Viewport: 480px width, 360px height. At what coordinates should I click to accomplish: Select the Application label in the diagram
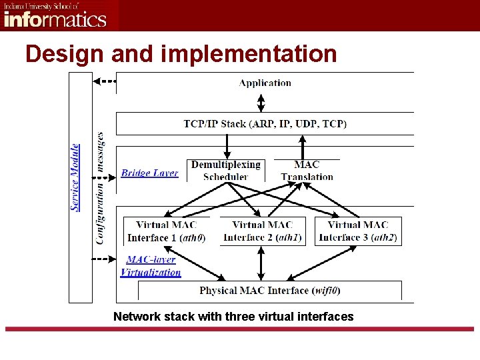pyautogui.click(x=265, y=83)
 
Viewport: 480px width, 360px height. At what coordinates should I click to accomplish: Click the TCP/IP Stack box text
pyautogui.click(x=265, y=123)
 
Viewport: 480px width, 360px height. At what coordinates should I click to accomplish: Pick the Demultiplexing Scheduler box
pyautogui.click(x=226, y=170)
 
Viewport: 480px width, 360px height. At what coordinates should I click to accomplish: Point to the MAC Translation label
pyautogui.click(x=307, y=170)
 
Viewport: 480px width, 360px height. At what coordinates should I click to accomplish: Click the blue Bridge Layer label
pyautogui.click(x=149, y=173)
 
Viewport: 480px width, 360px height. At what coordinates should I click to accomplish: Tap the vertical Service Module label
pyautogui.click(x=75, y=177)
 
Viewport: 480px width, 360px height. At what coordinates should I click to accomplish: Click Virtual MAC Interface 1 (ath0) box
pyautogui.click(x=166, y=231)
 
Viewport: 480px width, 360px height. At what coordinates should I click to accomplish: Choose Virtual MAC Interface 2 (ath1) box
pyautogui.click(x=262, y=231)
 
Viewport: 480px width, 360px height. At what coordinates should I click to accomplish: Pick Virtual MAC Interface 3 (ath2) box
pyautogui.click(x=358, y=231)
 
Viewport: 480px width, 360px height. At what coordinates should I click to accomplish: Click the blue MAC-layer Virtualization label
pyautogui.click(x=151, y=266)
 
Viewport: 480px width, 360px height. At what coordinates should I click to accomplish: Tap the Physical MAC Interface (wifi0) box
pyautogui.click(x=270, y=291)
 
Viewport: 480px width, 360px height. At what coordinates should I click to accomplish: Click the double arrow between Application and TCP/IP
pyautogui.click(x=261, y=102)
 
